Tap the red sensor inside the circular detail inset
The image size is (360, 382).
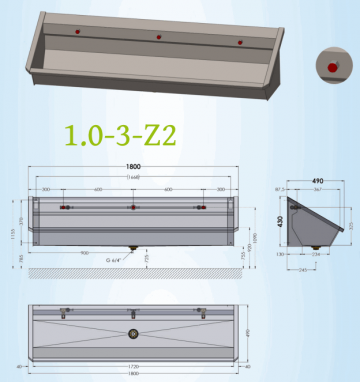[331, 66]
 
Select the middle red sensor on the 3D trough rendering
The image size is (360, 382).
[159, 37]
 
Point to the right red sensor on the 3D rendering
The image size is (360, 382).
[240, 42]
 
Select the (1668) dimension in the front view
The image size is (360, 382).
[134, 178]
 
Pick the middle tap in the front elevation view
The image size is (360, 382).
[133, 207]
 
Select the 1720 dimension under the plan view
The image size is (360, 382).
[133, 367]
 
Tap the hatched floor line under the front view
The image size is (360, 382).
[133, 272]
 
